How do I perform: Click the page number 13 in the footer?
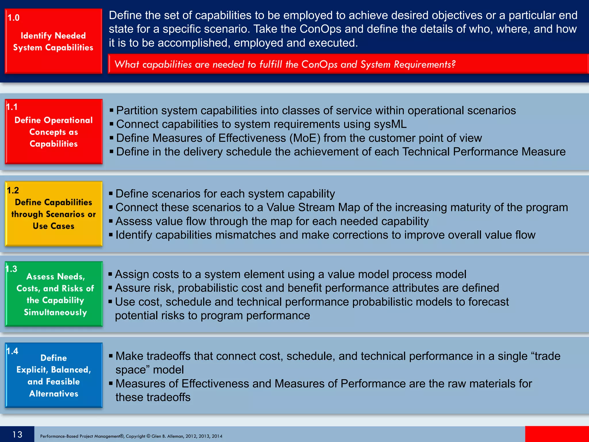17,434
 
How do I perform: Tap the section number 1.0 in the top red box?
14,18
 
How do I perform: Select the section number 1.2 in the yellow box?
13,190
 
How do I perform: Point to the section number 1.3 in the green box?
12,269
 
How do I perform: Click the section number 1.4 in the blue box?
12,351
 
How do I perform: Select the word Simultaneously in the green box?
55,312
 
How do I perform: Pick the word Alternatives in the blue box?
54,393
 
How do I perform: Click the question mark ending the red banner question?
454,64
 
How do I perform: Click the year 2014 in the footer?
217,436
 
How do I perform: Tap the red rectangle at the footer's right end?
557,434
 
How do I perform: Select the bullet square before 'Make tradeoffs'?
111,356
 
